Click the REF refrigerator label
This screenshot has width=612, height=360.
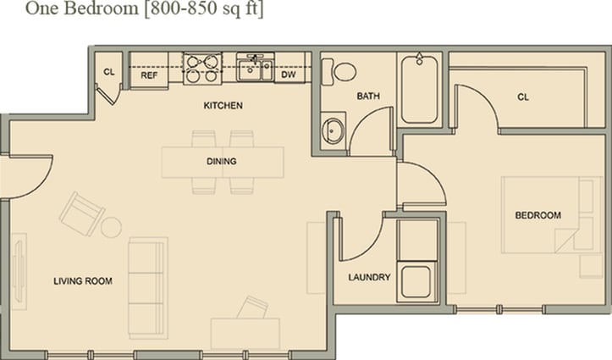[149, 75]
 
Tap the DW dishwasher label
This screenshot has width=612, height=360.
[289, 75]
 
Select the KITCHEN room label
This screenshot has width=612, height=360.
[223, 106]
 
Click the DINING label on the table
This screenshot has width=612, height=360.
[221, 161]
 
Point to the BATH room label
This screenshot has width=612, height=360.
[367, 96]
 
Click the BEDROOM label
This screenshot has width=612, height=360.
[538, 215]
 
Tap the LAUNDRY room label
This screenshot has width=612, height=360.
[369, 277]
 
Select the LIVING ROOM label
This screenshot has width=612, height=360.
[83, 280]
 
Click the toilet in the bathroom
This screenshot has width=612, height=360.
[342, 70]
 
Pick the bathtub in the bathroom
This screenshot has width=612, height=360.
[420, 89]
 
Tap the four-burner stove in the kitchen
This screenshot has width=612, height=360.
[202, 69]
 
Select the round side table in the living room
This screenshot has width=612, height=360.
[112, 227]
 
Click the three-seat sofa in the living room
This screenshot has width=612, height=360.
[147, 287]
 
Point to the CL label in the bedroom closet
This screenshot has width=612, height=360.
[523, 97]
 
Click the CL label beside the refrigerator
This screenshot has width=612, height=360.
[109, 71]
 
